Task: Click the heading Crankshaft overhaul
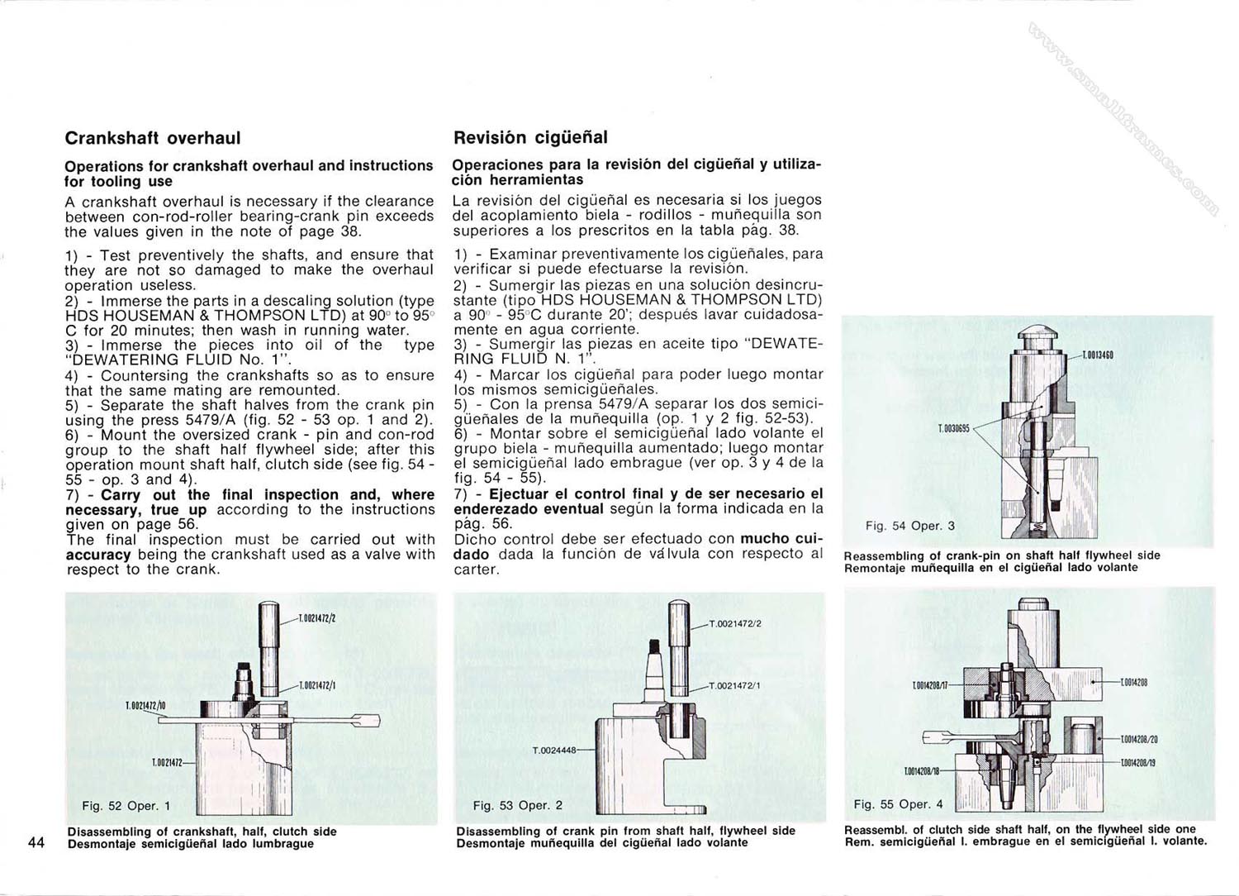click(x=153, y=138)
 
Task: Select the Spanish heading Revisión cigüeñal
click(x=530, y=138)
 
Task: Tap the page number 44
click(x=36, y=842)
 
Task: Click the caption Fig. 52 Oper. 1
click(x=126, y=806)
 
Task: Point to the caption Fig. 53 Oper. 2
click(x=518, y=805)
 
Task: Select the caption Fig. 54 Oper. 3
click(x=909, y=526)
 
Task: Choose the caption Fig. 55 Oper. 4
click(x=898, y=804)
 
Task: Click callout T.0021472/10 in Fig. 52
click(x=145, y=706)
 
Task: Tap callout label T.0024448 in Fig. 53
click(x=553, y=751)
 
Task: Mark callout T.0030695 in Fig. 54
click(x=953, y=429)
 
